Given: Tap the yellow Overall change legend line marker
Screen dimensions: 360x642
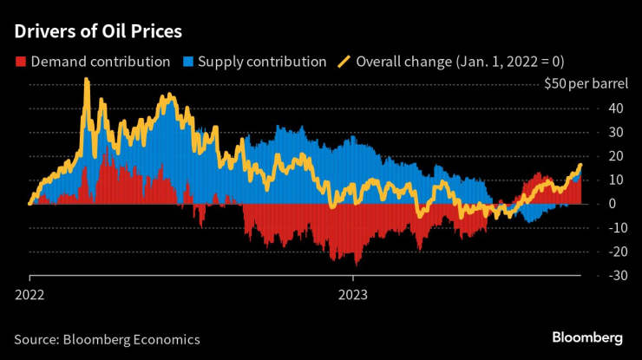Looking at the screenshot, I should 344,62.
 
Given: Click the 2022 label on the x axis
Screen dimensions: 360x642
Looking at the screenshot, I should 31,294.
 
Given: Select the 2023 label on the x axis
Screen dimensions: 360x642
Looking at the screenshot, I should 352,294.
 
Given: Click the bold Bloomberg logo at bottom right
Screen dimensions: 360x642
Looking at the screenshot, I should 587,337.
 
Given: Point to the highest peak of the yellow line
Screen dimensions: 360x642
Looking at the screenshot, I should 86,80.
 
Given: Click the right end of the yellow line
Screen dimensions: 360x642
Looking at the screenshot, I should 580,165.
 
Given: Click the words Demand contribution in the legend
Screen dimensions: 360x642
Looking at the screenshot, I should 101,62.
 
